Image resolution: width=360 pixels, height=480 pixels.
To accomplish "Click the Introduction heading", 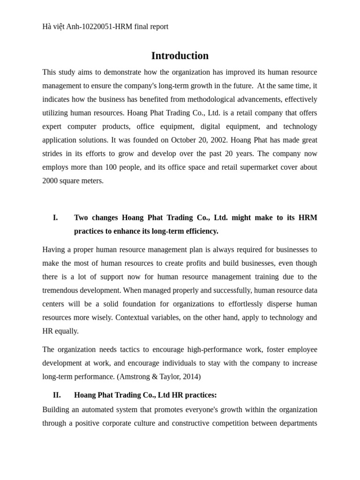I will (180, 56).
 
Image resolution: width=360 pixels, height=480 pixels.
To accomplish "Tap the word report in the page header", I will (157, 27).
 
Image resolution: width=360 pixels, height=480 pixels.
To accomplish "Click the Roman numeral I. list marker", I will (55, 217).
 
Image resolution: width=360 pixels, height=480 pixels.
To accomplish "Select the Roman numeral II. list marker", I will (57, 395).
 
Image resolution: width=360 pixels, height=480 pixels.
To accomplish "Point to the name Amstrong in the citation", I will (135, 377).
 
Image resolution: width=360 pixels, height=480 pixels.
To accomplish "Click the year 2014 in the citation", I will (189, 377).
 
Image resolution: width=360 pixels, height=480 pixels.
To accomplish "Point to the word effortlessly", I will (235, 304).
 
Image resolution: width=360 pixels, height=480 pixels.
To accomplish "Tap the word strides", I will (52, 154).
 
